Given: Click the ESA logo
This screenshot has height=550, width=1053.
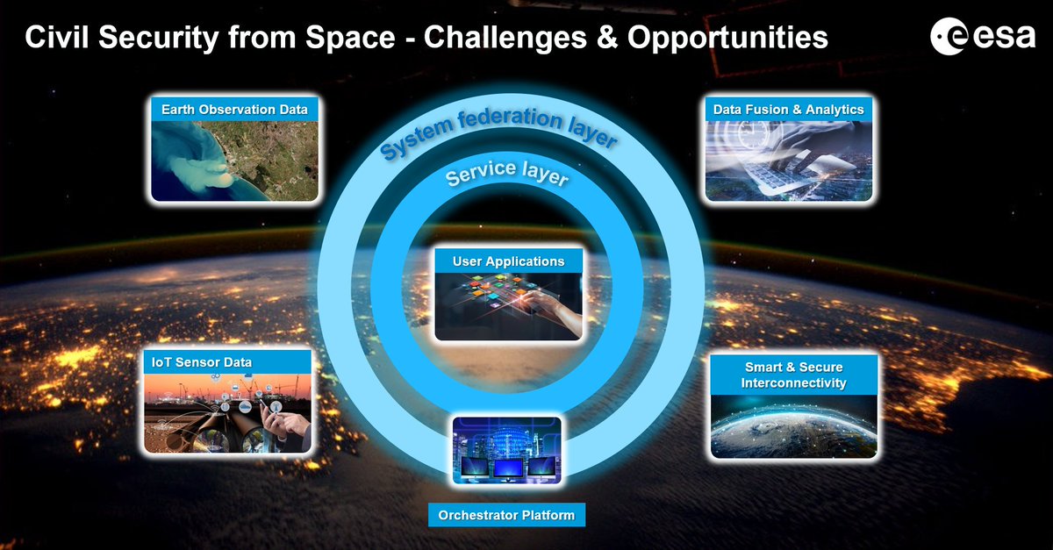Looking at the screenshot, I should click(982, 38).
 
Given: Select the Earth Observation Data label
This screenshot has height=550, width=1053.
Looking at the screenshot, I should click(234, 110).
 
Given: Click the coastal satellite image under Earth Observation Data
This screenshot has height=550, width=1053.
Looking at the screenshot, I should click(234, 160).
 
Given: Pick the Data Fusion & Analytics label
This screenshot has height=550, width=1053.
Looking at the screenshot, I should click(789, 110).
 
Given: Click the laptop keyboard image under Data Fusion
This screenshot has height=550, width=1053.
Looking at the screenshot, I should click(789, 162).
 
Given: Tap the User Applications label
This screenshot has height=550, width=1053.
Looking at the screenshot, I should click(509, 261).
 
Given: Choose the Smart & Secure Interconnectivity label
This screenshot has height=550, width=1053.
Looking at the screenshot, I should click(793, 375).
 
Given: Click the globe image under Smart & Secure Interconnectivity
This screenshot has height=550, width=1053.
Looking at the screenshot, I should click(793, 430).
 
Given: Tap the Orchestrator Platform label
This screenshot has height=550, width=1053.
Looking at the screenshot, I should click(506, 514).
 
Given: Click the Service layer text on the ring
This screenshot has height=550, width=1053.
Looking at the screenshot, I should click(508, 172).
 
